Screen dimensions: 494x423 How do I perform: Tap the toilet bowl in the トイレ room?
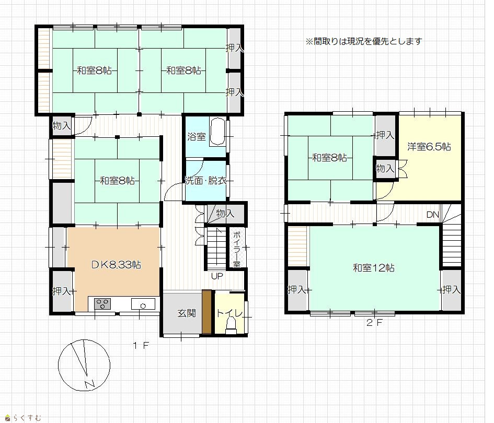(231, 325)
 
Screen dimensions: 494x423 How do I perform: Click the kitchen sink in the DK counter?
(143, 304)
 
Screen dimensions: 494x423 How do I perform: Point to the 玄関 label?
(187, 313)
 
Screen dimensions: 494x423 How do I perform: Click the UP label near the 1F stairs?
(217, 276)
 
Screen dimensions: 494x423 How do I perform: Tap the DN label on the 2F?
(432, 215)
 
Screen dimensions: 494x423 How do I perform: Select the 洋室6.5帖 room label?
(429, 147)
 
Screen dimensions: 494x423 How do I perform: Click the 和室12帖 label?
(374, 268)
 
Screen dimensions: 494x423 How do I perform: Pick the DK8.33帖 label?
(116, 265)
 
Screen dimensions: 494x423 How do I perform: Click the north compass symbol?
(84, 365)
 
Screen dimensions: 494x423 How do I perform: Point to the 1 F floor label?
(141, 346)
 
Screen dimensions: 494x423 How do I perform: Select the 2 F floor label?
(374, 323)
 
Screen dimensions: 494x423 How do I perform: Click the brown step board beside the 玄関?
(206, 311)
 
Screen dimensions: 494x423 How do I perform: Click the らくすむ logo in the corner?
(24, 418)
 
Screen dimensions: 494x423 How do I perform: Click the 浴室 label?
(197, 136)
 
